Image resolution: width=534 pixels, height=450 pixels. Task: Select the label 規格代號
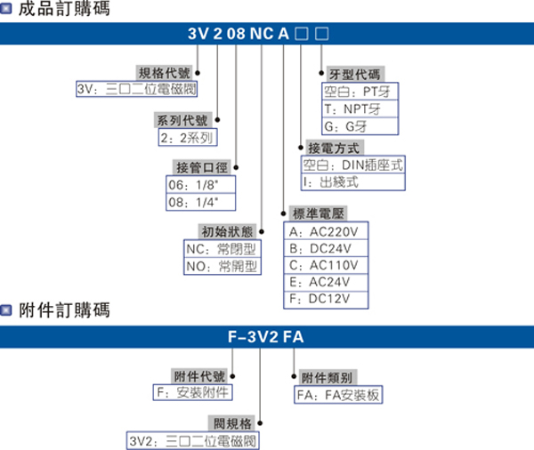[164, 73]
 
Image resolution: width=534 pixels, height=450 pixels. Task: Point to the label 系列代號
[184, 121]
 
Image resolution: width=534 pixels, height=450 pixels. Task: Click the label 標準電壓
[318, 214]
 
